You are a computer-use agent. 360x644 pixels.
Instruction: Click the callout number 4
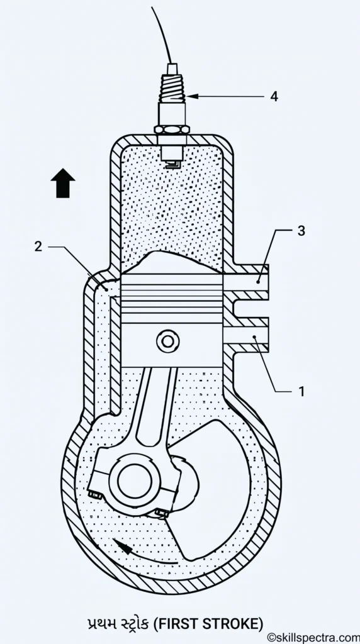pos(274,96)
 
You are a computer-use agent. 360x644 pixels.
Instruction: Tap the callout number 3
pos(301,231)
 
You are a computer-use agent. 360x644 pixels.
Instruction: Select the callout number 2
pos(38,247)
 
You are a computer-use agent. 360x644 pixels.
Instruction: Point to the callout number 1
pos(301,391)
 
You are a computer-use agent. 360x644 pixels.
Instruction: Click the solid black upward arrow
pos(63,183)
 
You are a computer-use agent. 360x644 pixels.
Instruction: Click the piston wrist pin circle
pos(167,341)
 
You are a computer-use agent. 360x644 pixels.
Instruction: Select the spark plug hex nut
pos(171,130)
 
